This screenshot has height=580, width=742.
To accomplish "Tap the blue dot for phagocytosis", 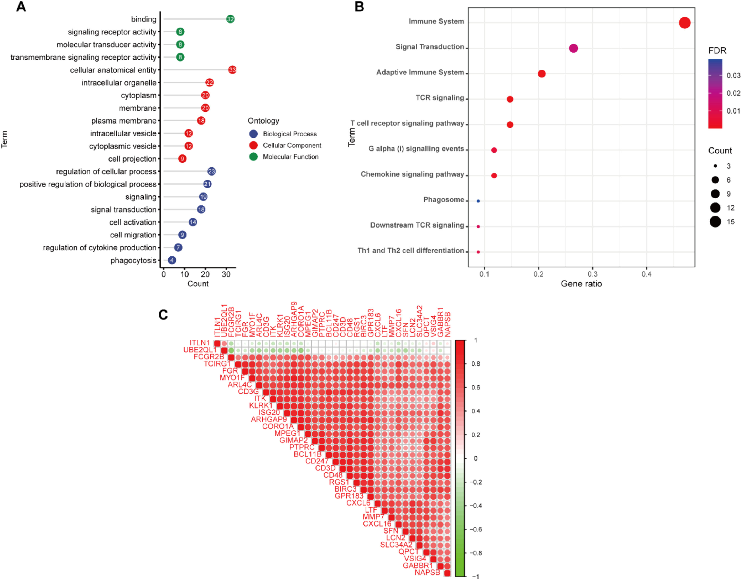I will pos(172,260).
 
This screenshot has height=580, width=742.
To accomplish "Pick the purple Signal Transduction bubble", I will pos(573,48).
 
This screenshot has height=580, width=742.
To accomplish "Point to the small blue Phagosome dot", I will pos(478,201).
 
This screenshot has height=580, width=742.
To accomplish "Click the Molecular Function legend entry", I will pos(290,157).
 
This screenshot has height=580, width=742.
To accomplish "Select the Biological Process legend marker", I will pos(253,134).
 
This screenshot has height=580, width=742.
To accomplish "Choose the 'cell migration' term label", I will pos(133,235).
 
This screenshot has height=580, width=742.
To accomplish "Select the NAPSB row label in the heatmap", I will pos(427,573).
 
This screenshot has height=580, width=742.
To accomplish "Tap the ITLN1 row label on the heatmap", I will pos(200,343).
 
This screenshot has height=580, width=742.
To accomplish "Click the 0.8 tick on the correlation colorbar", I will pos(476,364).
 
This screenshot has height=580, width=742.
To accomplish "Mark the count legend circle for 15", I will pos(715,222).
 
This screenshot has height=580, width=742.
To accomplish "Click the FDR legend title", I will pos(717,51).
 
